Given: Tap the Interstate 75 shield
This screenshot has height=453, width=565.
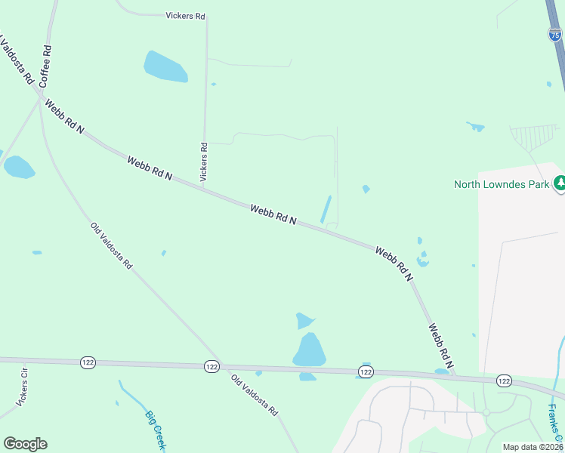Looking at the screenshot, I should tap(555, 34).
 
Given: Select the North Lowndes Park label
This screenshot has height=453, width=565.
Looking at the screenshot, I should tap(501, 184).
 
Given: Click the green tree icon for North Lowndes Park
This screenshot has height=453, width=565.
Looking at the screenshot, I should tap(560, 183).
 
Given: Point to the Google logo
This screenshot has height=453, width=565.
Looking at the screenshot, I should tap(25, 444).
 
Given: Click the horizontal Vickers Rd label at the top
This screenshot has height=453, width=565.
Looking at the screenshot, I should tap(185, 15).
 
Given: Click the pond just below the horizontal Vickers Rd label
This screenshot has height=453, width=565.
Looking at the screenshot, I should tap(165, 66).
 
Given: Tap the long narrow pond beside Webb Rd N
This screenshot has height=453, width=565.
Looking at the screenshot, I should tap(326, 209).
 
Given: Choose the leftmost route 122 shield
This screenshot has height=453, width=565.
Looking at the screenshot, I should tap(88, 363).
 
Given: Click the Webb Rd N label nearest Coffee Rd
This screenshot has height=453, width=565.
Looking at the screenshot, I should tap(64, 117).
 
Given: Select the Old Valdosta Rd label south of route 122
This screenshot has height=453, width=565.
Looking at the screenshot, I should tap(255, 396).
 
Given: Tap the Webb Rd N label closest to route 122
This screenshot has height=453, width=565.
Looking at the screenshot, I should tap(440, 347).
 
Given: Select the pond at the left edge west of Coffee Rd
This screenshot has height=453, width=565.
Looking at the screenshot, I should tap(18, 167).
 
